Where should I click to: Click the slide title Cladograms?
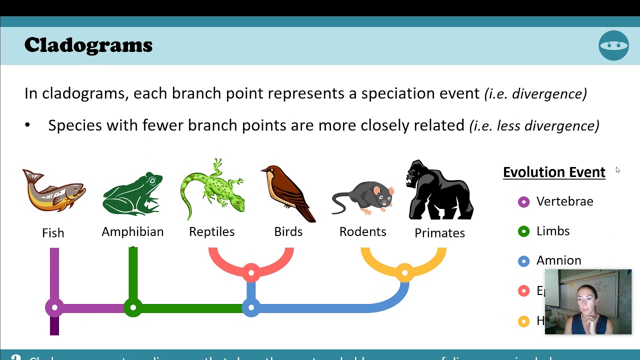pyautogui.click(x=88, y=45)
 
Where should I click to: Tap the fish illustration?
pyautogui.click(x=54, y=190)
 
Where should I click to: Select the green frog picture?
pyautogui.click(x=132, y=194)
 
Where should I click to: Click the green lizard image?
pyautogui.click(x=212, y=190)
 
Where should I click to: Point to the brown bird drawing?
pyautogui.click(x=288, y=193)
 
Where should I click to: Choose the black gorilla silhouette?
pyautogui.click(x=439, y=190)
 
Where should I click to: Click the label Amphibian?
pyautogui.click(x=132, y=232)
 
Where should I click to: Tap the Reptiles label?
pyautogui.click(x=212, y=232)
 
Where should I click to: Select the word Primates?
pyautogui.click(x=439, y=233)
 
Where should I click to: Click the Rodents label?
pyautogui.click(x=363, y=232)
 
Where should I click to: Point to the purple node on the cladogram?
pyautogui.click(x=54, y=307)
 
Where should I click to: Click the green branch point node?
pyautogui.click(x=133, y=307)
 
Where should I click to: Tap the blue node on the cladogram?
pyautogui.click(x=251, y=307)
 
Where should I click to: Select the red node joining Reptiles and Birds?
pyautogui.click(x=251, y=272)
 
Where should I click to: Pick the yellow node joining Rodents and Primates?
pyautogui.click(x=404, y=273)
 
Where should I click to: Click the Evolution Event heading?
pyautogui.click(x=554, y=172)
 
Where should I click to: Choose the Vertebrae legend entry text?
pyautogui.click(x=564, y=201)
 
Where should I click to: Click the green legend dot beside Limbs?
pyautogui.click(x=523, y=231)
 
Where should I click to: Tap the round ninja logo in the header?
pyautogui.click(x=613, y=45)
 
